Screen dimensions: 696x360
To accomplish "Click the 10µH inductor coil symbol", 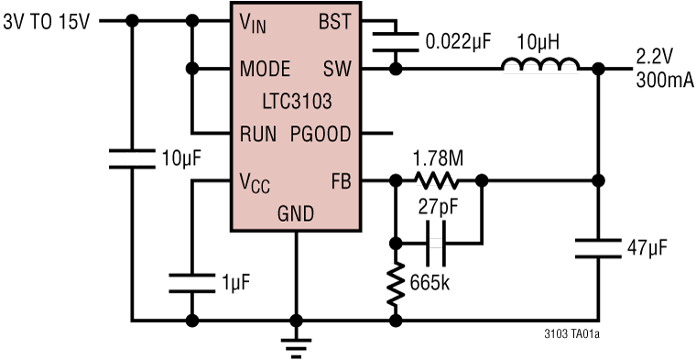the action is [540, 65].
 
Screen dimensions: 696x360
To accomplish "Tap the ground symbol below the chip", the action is [296, 348].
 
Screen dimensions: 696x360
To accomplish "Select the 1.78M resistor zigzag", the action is [437, 180].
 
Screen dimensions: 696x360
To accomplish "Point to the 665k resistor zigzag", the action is [395, 284].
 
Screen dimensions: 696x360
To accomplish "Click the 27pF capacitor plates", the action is [435, 244].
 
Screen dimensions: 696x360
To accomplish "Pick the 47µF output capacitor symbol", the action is [598, 248].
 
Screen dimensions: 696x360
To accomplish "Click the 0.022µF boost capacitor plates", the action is [395, 42].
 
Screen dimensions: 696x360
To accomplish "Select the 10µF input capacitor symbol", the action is [132, 158].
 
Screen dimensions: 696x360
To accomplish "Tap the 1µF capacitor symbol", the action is [191, 283].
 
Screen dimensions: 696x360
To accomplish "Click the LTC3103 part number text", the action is [297, 102].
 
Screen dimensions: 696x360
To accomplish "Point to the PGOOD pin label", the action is [321, 134].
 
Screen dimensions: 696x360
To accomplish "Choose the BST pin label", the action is [334, 22].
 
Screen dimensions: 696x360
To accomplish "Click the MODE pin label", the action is [265, 70].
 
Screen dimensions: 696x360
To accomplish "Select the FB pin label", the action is [341, 181].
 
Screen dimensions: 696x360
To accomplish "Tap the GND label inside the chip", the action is [296, 214].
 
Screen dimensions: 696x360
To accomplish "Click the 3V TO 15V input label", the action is [47, 21].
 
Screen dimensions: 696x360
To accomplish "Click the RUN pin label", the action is [258, 134].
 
